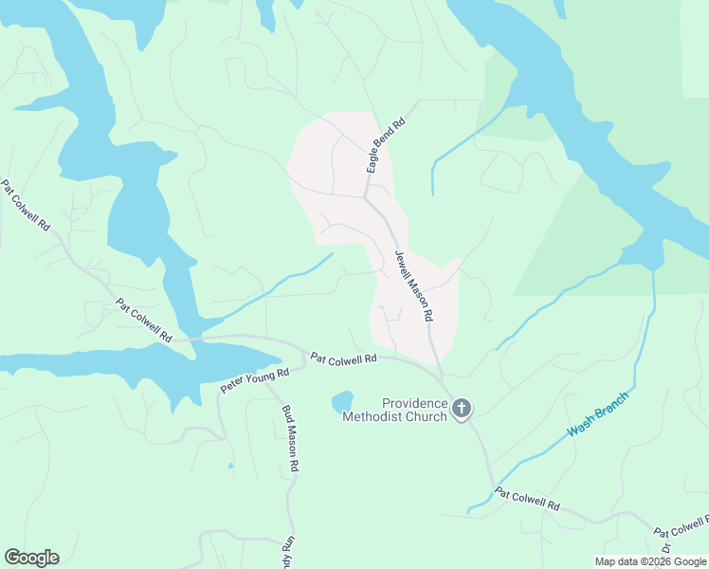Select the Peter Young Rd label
254,379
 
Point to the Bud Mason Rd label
291,439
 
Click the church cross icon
462,409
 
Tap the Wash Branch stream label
598,413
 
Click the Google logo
31,558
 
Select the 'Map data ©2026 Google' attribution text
651,561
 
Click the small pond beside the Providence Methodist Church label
342,402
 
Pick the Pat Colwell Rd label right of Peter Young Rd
344,358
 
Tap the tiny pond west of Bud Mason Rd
230,466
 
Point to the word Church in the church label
427,416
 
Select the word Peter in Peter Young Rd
234,386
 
